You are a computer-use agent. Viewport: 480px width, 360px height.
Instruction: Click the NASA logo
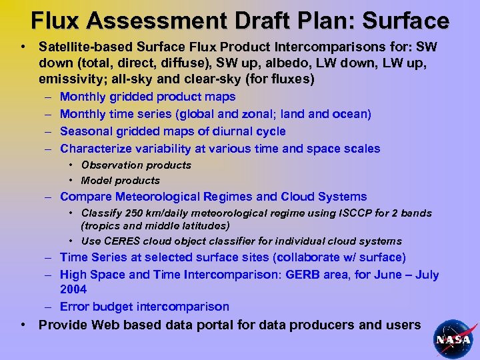453,338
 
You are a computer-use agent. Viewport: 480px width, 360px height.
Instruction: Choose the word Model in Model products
96,180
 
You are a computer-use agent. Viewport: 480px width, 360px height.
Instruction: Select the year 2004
73,290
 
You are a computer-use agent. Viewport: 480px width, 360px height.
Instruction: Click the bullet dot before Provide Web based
24,325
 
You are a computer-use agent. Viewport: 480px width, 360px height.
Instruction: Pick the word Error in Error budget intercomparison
73,307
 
